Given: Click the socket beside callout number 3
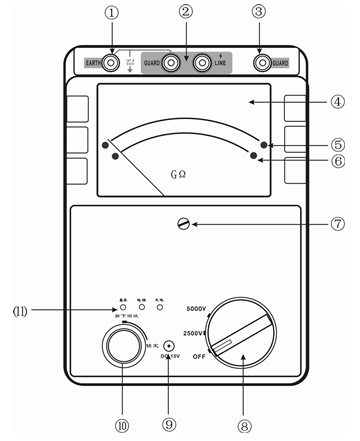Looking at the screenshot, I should click(265, 61).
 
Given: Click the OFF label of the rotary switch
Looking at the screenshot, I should click(200, 355).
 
